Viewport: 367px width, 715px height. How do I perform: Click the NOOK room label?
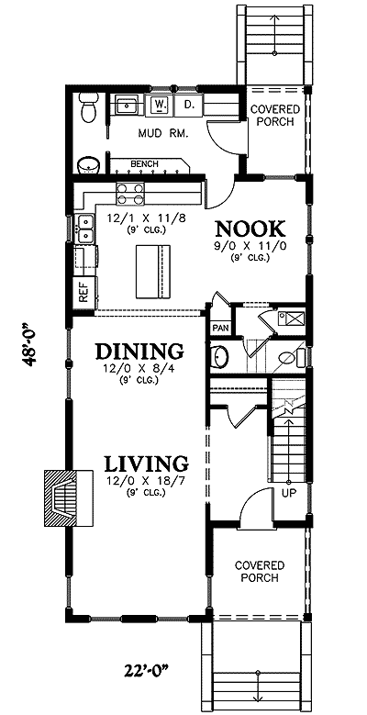point(250,228)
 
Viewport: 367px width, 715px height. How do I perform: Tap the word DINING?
point(140,351)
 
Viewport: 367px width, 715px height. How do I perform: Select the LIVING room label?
point(146,463)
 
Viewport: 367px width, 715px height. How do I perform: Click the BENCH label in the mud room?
point(145,164)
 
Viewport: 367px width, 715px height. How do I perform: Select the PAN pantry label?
point(220,328)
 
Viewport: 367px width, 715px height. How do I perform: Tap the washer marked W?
point(159,106)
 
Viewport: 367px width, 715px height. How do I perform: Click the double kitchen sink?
point(85,229)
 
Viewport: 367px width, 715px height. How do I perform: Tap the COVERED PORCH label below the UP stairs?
point(258,571)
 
